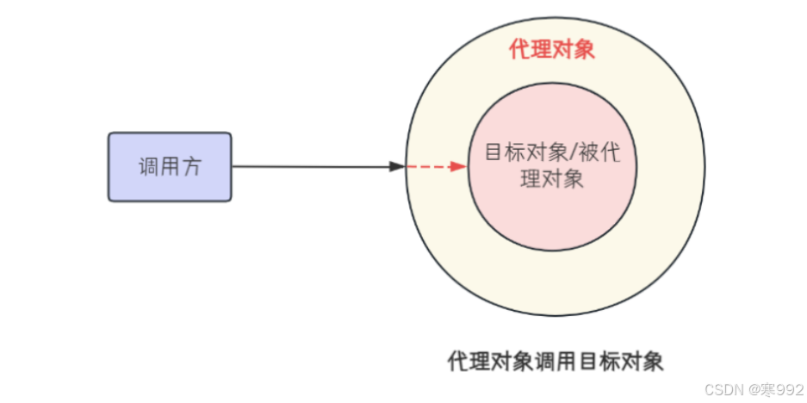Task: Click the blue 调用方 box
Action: coord(170,166)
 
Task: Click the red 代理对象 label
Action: coord(552,50)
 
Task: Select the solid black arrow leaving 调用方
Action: coord(310,166)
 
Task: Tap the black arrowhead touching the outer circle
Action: coord(397,166)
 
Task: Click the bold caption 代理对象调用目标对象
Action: coord(556,361)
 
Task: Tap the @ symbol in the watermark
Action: coord(748,390)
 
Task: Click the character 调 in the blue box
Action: coord(149,166)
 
